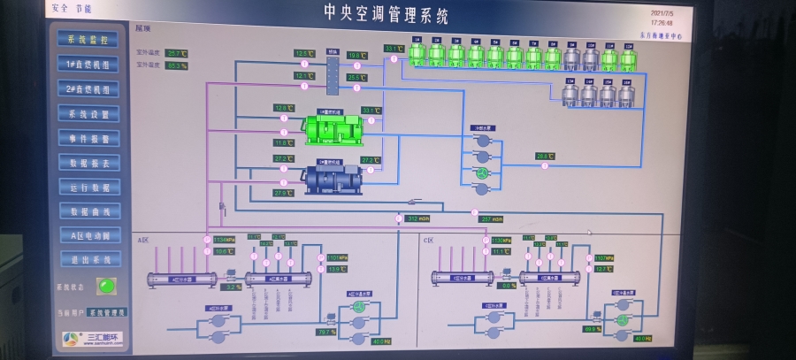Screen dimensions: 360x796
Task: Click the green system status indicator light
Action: point(107,286)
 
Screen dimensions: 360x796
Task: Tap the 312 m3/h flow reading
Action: point(417,218)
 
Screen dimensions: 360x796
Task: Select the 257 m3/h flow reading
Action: point(492,218)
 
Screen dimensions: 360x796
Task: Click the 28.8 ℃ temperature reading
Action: point(545,157)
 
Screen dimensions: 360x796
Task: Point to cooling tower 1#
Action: point(417,55)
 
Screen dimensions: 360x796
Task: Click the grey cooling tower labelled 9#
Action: point(571,58)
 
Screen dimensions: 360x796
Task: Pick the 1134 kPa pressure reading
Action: point(225,239)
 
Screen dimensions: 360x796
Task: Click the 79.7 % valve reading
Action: point(326,332)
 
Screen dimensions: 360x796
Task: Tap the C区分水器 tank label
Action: point(462,278)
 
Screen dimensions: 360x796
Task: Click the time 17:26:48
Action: point(662,23)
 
